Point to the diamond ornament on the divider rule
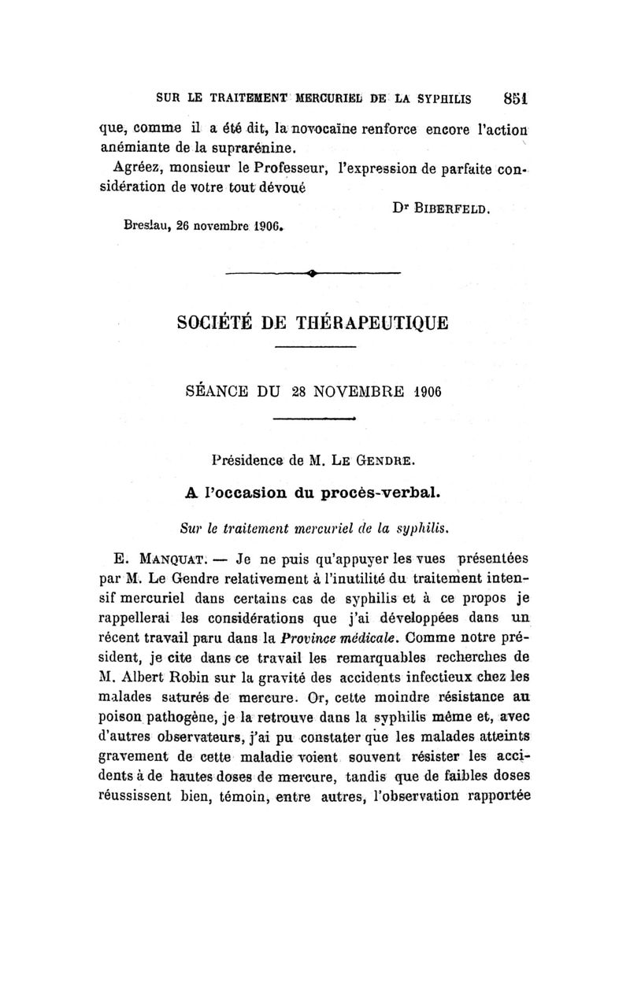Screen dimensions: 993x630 pyautogui.click(x=313, y=274)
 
